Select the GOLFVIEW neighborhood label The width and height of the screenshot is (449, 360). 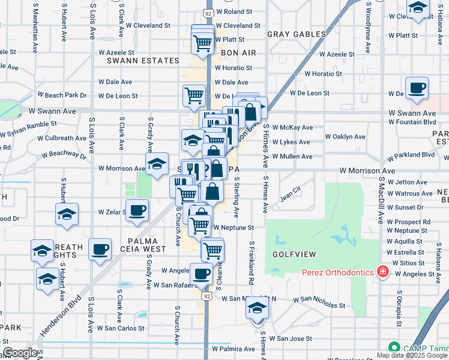point(294,254)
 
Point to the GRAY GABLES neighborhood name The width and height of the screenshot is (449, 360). point(296,34)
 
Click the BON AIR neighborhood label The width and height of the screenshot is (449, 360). point(238,53)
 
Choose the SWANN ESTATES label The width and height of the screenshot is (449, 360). point(143,61)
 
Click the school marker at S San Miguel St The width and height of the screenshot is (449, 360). point(257,308)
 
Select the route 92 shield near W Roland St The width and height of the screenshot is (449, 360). point(208,12)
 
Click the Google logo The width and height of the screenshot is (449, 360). point(20,353)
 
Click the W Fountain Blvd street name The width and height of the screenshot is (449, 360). point(412,122)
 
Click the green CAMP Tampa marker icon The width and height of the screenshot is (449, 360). point(394,347)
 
